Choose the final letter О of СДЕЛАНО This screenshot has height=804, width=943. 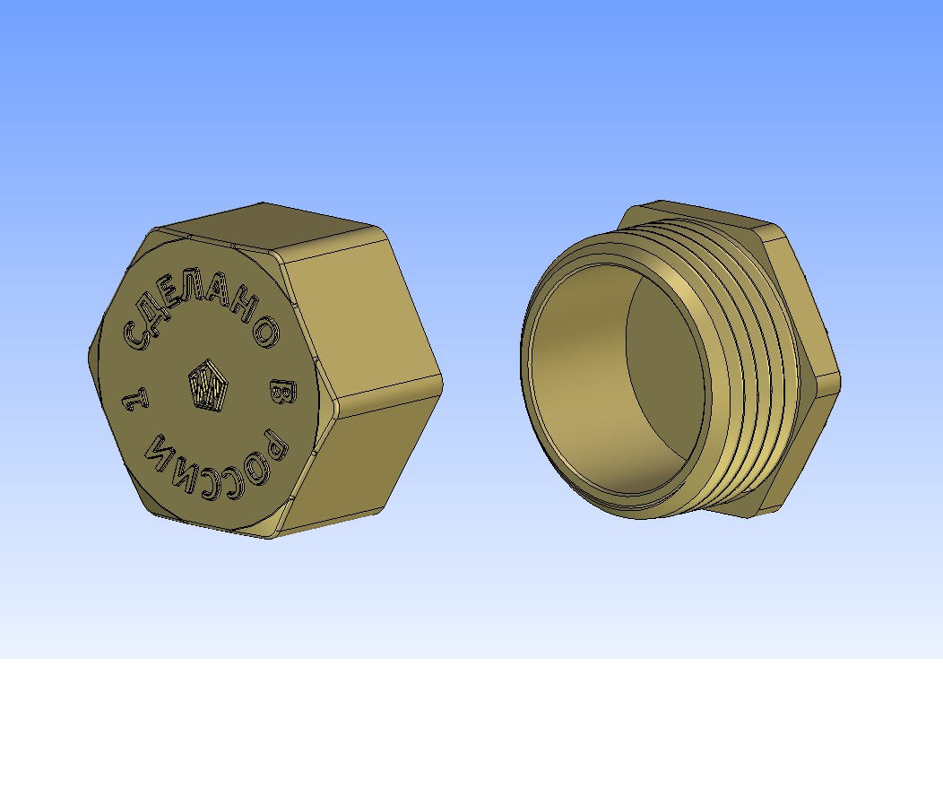pos(266,332)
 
